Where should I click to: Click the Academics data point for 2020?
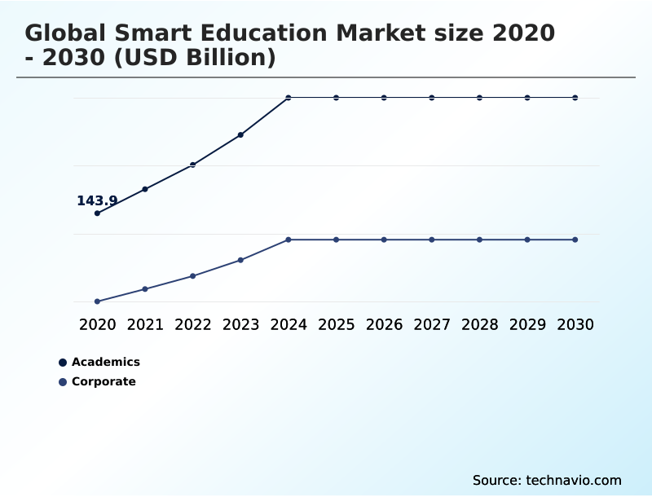[98, 213]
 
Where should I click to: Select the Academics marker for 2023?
[240, 134]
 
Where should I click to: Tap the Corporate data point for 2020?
[98, 301]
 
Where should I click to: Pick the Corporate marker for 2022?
[193, 276]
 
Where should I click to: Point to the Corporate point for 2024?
[289, 240]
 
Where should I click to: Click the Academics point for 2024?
[289, 98]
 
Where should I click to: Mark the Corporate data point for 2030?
[575, 240]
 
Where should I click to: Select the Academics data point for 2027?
[432, 98]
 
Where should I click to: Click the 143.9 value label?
[97, 200]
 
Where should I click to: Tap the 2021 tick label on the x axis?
[145, 324]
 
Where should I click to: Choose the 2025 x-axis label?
[336, 324]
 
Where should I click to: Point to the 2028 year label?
[479, 324]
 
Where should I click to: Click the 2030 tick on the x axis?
[575, 324]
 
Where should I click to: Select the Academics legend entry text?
[106, 362]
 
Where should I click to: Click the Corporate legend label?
[104, 381]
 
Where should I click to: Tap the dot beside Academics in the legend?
[63, 363]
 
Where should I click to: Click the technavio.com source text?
[574, 480]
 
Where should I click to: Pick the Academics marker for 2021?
[145, 189]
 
